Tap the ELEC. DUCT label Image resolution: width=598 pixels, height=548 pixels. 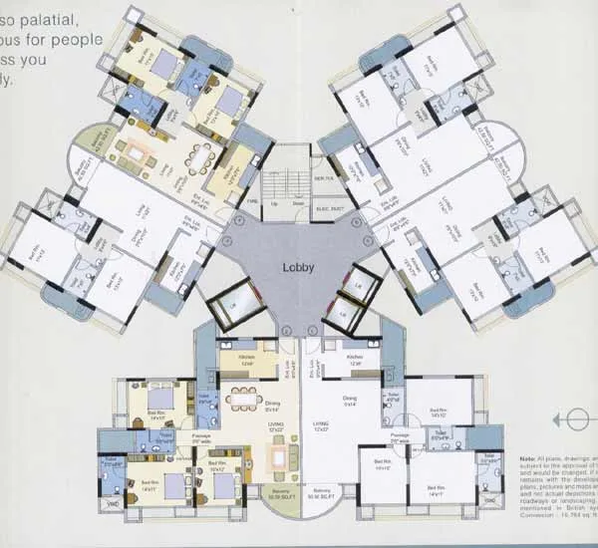330,206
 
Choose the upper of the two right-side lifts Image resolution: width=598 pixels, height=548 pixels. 360,289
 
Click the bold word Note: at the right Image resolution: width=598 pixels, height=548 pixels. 526,458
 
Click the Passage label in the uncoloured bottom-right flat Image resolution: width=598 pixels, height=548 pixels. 401,434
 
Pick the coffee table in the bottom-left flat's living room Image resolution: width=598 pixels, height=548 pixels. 284,457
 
